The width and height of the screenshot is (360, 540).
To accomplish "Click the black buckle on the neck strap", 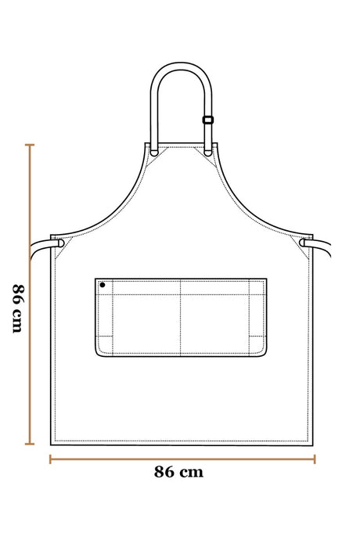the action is pyautogui.click(x=207, y=120).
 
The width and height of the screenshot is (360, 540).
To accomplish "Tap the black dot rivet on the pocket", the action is pyautogui.click(x=103, y=285).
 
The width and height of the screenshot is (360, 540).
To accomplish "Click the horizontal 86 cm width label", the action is pyautogui.click(x=178, y=472).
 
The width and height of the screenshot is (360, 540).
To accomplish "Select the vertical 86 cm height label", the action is pyautogui.click(x=18, y=308).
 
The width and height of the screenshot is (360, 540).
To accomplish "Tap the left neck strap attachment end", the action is pyautogui.click(x=154, y=152).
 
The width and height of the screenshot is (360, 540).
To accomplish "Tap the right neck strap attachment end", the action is pyautogui.click(x=208, y=153).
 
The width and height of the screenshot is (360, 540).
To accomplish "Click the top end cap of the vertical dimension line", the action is pyautogui.click(x=30, y=145).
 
